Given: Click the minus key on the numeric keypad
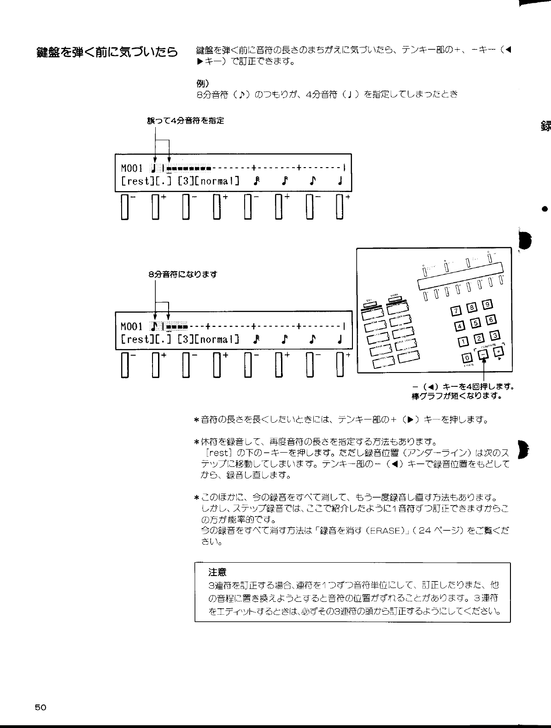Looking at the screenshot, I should pos(483,354).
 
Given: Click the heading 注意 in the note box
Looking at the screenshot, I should pos(217,572).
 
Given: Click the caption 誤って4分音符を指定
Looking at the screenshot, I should pos(185,121).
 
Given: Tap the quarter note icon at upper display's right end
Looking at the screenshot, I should pos(340,181).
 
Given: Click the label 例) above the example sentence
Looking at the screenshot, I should pos(203,84).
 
